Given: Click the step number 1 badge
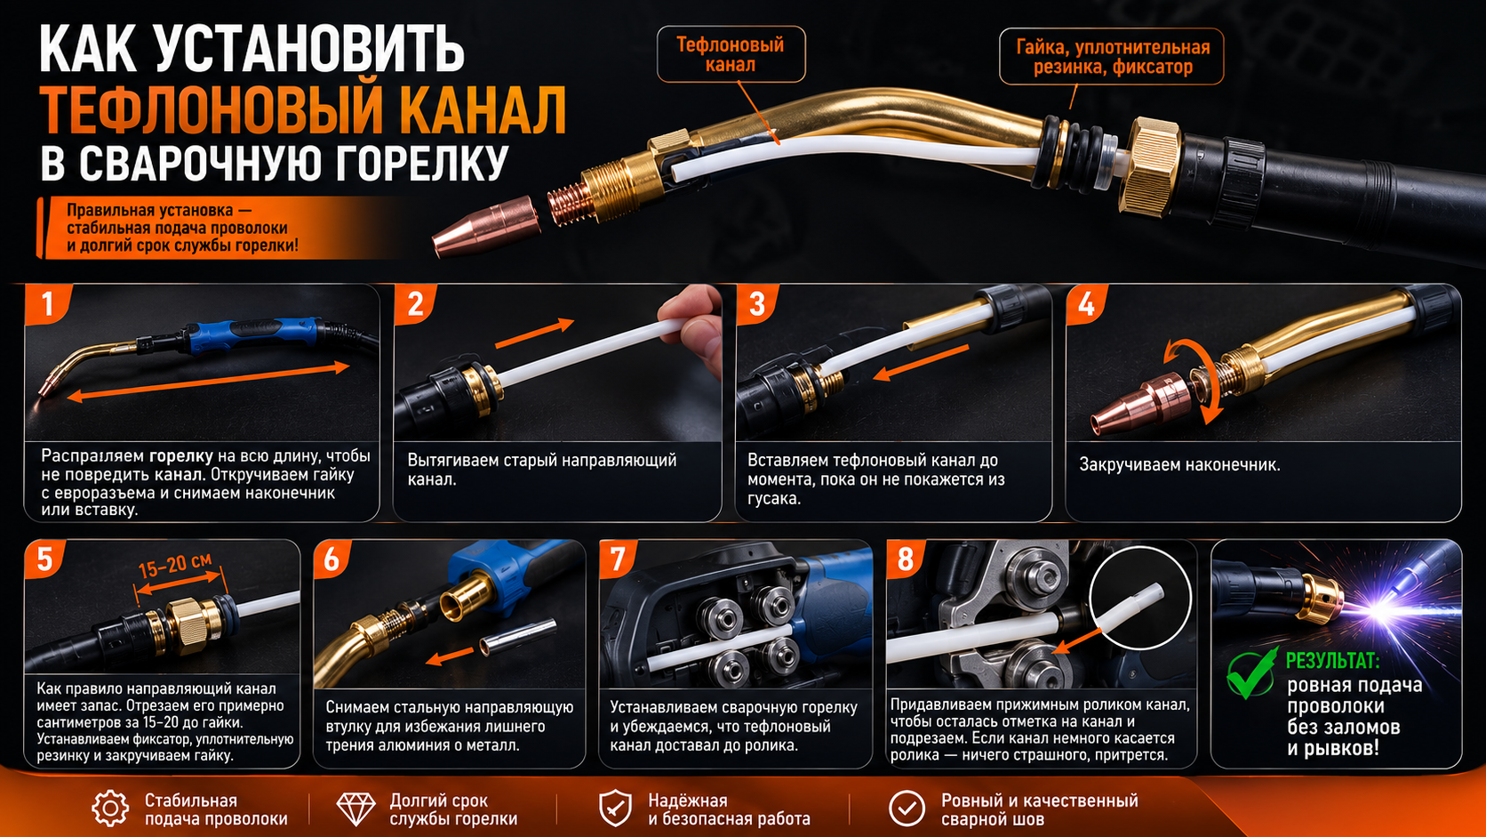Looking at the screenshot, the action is pos(47,305).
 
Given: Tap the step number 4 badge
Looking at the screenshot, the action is pos(1086,305).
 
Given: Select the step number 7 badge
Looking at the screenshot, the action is pos(618,559).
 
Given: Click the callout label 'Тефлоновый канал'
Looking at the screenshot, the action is pos(731,54).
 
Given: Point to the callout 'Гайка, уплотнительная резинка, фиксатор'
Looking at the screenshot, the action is pos(1112,56).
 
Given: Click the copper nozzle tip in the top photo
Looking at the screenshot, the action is pos(484,226).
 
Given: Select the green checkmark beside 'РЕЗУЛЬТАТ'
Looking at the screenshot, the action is pos(1251,673).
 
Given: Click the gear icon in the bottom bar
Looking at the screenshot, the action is pos(110,809).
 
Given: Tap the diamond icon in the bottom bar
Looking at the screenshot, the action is pos(356,809).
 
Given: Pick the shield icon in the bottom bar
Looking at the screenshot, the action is pos(615,809).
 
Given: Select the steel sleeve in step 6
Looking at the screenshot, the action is pos(516,637).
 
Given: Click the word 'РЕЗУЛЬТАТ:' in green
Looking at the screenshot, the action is pos(1333,661).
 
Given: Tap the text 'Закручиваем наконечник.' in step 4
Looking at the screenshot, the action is pos(1179,464).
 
